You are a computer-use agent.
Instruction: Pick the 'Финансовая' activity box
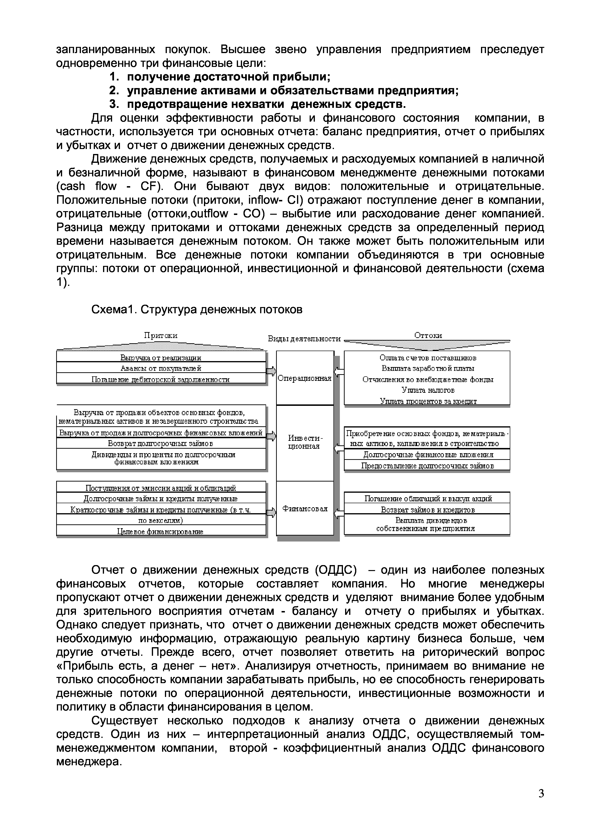[305, 508]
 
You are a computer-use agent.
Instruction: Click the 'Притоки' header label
[161, 335]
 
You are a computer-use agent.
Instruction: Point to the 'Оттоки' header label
[428, 335]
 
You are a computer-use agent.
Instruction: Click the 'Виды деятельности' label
[304, 339]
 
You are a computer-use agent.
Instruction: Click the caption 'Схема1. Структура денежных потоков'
[197, 309]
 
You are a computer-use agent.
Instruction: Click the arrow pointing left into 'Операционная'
[339, 371]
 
